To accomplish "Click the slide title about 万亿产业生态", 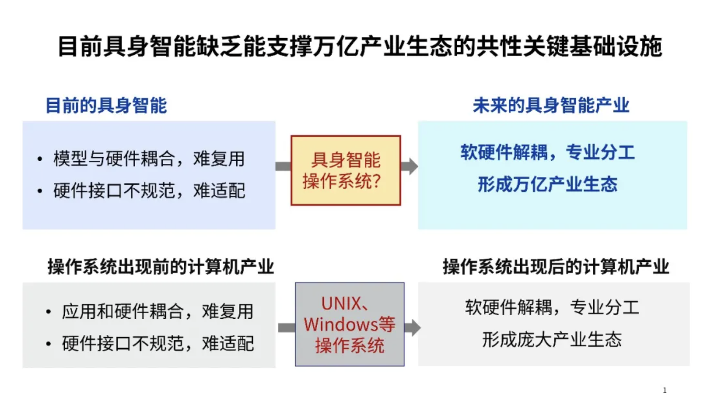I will (359, 47).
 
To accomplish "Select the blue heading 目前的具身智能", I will (106, 106).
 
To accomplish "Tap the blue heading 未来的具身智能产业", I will (551, 106).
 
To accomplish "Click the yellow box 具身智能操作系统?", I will (346, 170).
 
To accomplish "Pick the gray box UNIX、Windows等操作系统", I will (349, 324).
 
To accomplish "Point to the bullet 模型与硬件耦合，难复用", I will (149, 159).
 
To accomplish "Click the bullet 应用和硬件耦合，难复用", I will (158, 311).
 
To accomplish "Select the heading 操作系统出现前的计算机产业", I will (160, 266).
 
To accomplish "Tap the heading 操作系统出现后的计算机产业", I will (556, 266).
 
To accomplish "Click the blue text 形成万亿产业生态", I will (547, 185).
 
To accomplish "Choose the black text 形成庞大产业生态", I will (551, 340).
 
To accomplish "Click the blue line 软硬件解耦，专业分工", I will (547, 152).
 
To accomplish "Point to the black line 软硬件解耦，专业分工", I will (551, 307).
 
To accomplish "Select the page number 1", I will (664, 390).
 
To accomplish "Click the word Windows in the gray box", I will (340, 324).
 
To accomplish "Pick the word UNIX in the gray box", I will (341, 304).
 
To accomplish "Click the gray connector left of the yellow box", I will (283, 166).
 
